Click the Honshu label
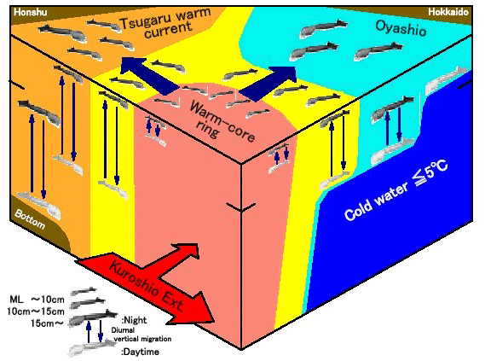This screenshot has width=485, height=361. [x=31, y=12]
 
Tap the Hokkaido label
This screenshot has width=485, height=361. [x=448, y=12]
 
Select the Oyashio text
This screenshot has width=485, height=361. [x=401, y=28]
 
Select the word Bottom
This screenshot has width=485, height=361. [x=30, y=218]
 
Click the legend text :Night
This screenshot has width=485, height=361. [x=134, y=320]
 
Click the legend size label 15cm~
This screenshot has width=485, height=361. [x=47, y=323]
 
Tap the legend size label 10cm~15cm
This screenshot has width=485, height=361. [x=36, y=312]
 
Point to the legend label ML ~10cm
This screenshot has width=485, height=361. [x=38, y=300]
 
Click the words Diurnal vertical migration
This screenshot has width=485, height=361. [x=141, y=335]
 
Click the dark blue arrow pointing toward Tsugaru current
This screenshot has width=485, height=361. [x=150, y=76]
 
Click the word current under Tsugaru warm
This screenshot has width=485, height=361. [x=168, y=30]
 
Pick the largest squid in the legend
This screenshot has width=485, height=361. [x=93, y=317]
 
